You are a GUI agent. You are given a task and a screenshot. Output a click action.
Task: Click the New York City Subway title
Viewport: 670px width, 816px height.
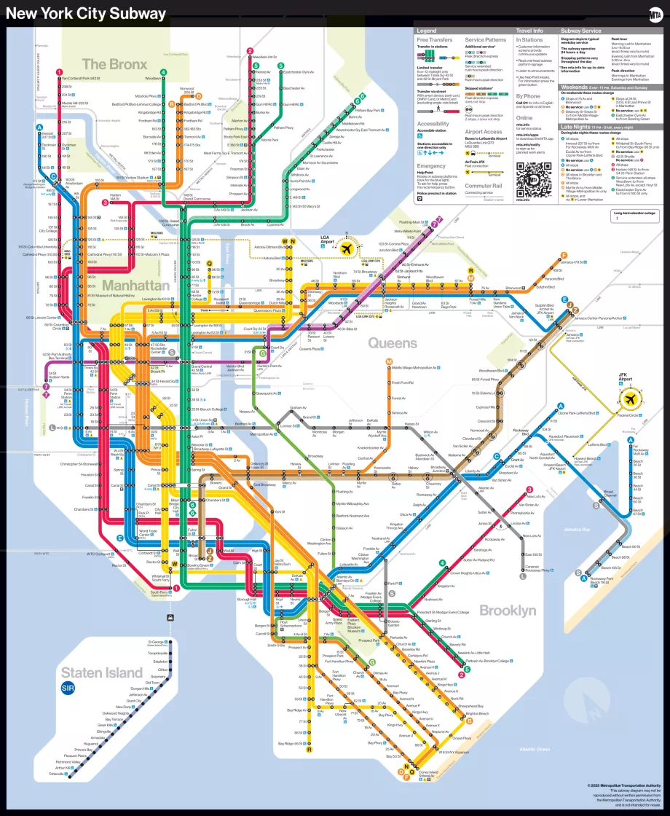click(x=86, y=14)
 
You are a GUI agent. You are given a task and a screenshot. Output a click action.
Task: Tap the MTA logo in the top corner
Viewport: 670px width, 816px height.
click(x=654, y=14)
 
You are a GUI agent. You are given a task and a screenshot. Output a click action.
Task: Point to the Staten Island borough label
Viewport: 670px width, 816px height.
click(x=102, y=672)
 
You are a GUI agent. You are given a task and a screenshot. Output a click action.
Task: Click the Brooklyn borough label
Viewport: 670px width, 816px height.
click(x=508, y=611)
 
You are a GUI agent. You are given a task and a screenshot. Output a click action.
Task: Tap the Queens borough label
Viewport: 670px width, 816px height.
click(x=392, y=342)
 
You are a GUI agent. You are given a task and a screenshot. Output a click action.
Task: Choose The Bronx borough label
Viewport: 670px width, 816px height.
click(x=114, y=65)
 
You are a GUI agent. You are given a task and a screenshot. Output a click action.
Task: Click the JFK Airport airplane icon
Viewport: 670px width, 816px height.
click(x=630, y=400)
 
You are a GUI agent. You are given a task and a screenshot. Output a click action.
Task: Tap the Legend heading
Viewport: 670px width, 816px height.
click(x=426, y=31)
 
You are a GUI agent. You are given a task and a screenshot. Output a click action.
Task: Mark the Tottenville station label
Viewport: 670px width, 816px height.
click(x=57, y=774)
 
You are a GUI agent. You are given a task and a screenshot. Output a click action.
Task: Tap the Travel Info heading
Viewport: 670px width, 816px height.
click(x=529, y=31)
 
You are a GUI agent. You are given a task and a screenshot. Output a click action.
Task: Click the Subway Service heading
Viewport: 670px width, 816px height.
click(x=581, y=31)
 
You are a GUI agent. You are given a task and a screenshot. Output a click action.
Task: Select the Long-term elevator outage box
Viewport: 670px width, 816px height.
click(x=635, y=216)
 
